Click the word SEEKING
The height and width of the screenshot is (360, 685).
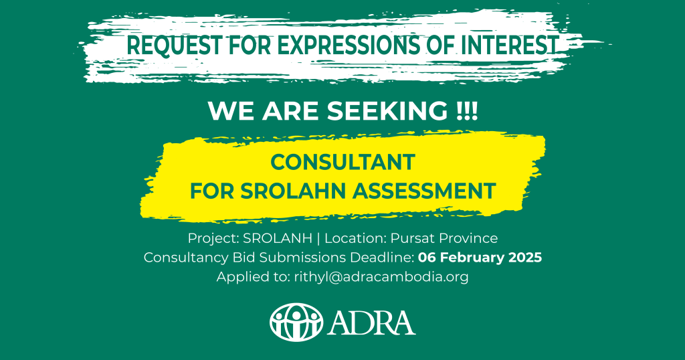coord(387,111)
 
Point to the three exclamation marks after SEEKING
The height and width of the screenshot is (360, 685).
coord(466,111)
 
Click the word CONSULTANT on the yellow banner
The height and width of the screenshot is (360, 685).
coord(343,163)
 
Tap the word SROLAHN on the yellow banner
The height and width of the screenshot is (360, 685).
coord(293,191)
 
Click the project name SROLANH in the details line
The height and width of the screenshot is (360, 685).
coord(278,238)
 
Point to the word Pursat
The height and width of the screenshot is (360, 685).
coord(413,238)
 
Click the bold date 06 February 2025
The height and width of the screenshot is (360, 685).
coord(480,258)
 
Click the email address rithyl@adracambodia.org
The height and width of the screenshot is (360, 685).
coord(381,277)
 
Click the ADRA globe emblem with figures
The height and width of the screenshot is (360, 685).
coord(296,323)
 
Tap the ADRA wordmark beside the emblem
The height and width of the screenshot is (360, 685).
coord(371,323)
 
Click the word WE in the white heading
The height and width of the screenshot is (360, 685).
coord(232,111)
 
